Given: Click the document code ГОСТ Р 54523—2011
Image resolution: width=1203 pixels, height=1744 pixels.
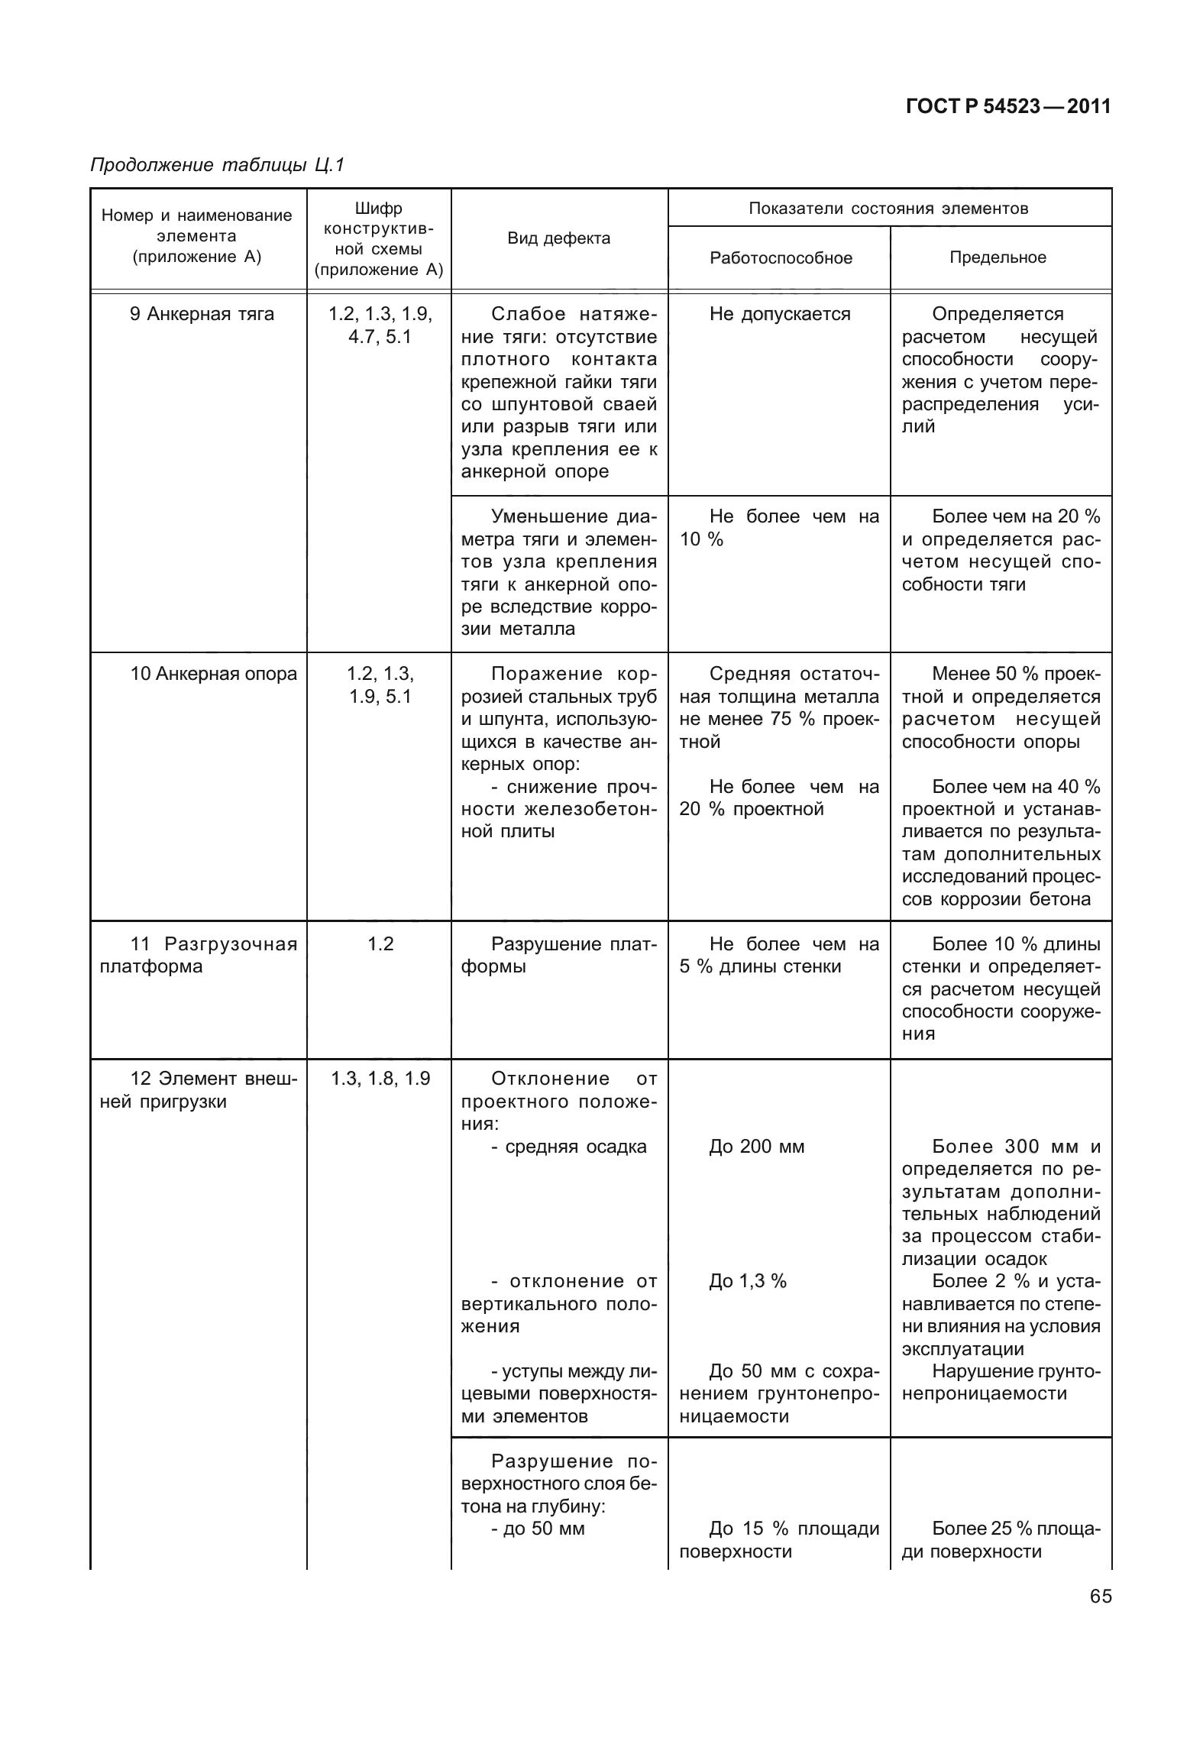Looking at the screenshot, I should click(x=1007, y=107).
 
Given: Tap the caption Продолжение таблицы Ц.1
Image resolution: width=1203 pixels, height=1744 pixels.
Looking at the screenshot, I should click(x=218, y=165).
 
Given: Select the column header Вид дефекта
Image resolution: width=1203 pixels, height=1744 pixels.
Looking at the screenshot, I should click(x=559, y=238).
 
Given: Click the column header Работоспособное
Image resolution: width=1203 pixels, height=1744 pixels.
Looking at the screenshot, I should click(x=781, y=258).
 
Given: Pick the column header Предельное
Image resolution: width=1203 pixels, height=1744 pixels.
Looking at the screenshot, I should click(x=998, y=257).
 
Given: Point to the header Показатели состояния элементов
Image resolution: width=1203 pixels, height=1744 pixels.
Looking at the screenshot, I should click(x=888, y=209).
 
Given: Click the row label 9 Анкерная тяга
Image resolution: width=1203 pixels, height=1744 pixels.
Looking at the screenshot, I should click(x=202, y=314).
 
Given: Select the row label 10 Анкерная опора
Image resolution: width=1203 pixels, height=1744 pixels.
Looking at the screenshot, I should click(x=213, y=674).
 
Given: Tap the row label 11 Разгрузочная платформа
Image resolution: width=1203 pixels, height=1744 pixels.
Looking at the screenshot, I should click(x=199, y=956).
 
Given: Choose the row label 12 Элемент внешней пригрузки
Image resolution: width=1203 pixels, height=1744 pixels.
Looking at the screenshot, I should click(x=199, y=1090).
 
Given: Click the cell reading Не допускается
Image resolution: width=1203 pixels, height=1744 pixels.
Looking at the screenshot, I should click(x=780, y=314).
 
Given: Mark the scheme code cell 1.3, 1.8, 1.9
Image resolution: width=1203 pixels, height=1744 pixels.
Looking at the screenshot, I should click(x=380, y=1079).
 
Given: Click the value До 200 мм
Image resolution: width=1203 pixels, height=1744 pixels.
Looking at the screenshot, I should click(x=757, y=1147).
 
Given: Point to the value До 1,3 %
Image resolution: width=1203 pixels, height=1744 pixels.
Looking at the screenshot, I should click(x=748, y=1281).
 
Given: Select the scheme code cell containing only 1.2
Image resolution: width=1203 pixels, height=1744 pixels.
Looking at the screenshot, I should click(x=380, y=944).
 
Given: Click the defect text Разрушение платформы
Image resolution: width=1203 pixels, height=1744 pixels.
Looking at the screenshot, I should click(x=559, y=956).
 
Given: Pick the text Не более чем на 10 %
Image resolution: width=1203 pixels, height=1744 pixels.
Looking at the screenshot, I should click(x=779, y=528).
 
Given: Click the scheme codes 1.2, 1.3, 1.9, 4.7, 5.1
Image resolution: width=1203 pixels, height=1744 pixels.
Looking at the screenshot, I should click(x=380, y=325).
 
